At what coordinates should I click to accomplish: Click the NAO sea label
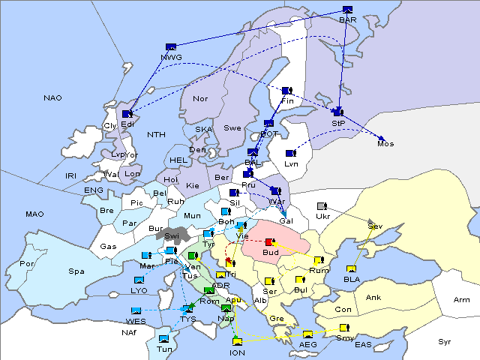point(52,97)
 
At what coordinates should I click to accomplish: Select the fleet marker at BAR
point(346,10)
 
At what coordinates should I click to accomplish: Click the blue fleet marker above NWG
point(171,47)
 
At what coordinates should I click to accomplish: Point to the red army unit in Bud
point(270,241)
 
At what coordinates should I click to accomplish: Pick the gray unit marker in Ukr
point(322,206)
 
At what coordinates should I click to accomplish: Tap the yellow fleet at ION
point(237,343)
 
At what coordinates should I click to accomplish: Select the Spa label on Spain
point(76,271)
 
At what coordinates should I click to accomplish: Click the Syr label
point(445,341)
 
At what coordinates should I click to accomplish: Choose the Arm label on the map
point(462,300)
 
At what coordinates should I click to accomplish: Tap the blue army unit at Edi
point(127,114)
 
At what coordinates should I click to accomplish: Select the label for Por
point(28,264)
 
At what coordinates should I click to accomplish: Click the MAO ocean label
point(34,214)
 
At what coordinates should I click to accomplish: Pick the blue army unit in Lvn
point(290,154)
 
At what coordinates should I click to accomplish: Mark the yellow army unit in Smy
point(344,328)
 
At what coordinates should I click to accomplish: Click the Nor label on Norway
point(200,99)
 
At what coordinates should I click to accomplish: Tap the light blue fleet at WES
point(136,310)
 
